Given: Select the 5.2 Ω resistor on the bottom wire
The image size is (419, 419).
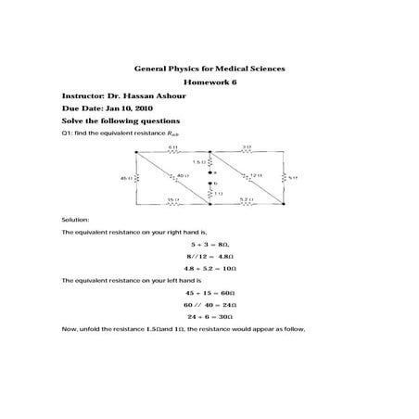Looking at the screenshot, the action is [244, 199].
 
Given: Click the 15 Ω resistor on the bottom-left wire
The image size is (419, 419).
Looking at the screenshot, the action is [172, 199].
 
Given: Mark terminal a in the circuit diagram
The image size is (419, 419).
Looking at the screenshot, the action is [215, 171].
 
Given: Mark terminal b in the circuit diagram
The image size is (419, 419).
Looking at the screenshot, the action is [215, 184].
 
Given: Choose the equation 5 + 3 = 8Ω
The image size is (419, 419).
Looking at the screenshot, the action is [209, 243].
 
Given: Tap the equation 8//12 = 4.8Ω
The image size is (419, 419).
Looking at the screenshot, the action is [209, 254].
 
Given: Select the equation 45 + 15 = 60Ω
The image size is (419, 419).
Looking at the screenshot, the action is [209, 292].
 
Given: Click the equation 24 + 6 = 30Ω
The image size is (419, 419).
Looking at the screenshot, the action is [209, 315].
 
